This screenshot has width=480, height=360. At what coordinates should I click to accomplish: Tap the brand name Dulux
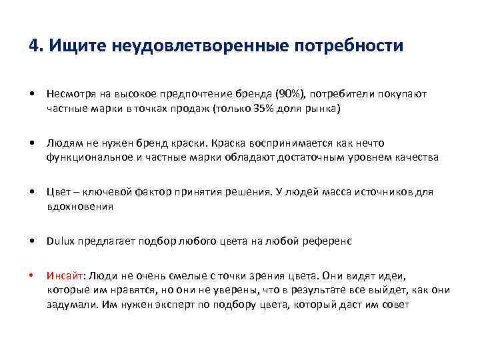(x=60, y=241)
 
